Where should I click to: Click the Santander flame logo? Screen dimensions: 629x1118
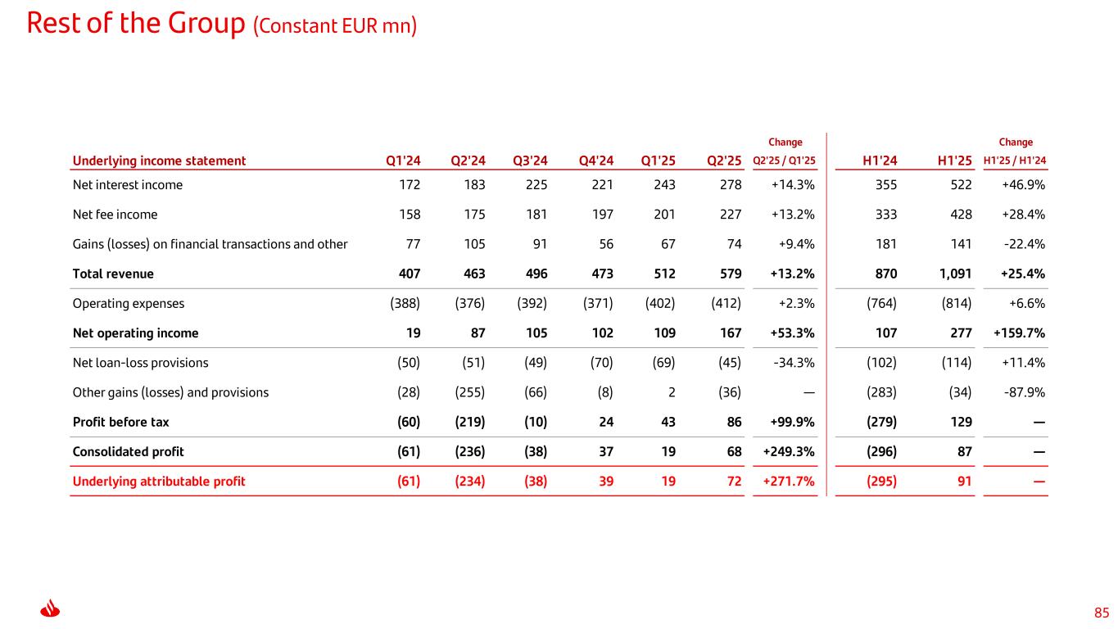(50, 610)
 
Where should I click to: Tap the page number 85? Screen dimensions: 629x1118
(1102, 613)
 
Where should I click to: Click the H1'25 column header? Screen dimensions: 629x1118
(953, 161)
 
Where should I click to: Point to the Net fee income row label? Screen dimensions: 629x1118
(115, 215)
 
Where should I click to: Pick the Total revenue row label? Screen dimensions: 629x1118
(113, 274)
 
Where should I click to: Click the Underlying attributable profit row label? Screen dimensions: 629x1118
(159, 482)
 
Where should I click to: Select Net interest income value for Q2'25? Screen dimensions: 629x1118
(730, 185)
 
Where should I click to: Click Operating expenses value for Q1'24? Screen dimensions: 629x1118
(405, 304)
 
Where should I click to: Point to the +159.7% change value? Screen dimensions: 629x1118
(1019, 333)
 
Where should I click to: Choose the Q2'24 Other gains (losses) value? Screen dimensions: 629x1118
(469, 392)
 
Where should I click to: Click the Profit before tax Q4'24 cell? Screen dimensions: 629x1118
(605, 423)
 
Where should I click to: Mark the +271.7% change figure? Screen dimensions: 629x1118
(788, 482)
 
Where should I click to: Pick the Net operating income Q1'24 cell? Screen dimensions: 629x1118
(412, 333)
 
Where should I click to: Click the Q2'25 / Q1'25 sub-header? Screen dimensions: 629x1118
(784, 161)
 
